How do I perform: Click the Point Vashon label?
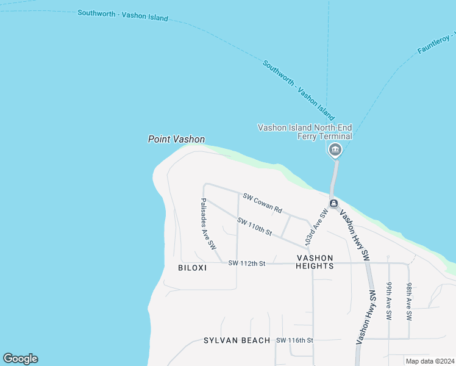(x=176, y=140)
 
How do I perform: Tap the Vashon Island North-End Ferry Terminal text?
(x=305, y=132)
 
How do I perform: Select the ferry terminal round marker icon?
(x=334, y=150)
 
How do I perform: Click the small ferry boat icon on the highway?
(x=333, y=203)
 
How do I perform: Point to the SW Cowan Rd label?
(x=262, y=203)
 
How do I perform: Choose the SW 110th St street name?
(x=254, y=227)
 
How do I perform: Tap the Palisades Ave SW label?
(x=208, y=224)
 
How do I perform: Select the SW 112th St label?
(x=247, y=264)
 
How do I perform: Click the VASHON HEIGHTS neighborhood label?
(x=315, y=262)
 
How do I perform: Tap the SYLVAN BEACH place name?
(x=237, y=340)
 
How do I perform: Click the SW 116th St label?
(x=294, y=340)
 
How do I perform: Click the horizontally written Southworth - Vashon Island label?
(x=123, y=15)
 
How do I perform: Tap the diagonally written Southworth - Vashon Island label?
(x=299, y=89)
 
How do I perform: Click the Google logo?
(x=20, y=359)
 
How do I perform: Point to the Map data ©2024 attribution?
(x=430, y=361)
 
